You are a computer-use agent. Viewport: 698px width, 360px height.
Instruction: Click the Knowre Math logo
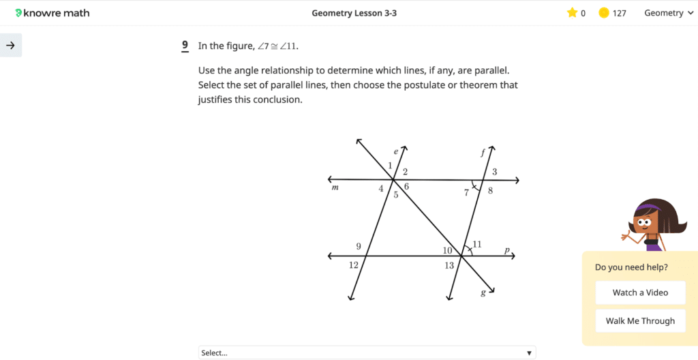coord(52,13)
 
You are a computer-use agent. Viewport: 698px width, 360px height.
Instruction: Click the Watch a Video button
coord(640,292)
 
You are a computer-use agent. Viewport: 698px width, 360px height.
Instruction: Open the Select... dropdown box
coord(367,352)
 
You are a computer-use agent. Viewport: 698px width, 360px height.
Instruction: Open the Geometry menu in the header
coord(668,13)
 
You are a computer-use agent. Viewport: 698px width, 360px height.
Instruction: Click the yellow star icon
coord(572,13)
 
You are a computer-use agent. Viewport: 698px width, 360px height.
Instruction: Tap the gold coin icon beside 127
coord(604,13)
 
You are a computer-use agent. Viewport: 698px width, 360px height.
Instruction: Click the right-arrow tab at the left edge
coord(11,46)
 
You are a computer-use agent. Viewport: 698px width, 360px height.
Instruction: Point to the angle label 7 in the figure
coord(467,193)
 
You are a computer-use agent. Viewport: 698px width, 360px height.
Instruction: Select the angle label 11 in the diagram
coord(477,244)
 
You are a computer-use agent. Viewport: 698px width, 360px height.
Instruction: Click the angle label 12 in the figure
coord(353,265)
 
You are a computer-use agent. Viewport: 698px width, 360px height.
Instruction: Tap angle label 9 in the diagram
coord(359,246)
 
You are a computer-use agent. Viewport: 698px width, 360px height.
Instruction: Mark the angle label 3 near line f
coord(495,172)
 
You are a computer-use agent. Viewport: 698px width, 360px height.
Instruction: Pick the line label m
coord(335,187)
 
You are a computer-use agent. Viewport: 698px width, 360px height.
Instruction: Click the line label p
coord(507,250)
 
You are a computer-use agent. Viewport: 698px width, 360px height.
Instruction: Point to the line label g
coord(483,292)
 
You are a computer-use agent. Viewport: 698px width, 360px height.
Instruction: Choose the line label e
coord(395,151)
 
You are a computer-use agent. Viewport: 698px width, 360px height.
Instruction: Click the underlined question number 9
coord(185,46)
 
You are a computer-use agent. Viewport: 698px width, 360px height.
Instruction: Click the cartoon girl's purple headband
coord(648,207)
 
